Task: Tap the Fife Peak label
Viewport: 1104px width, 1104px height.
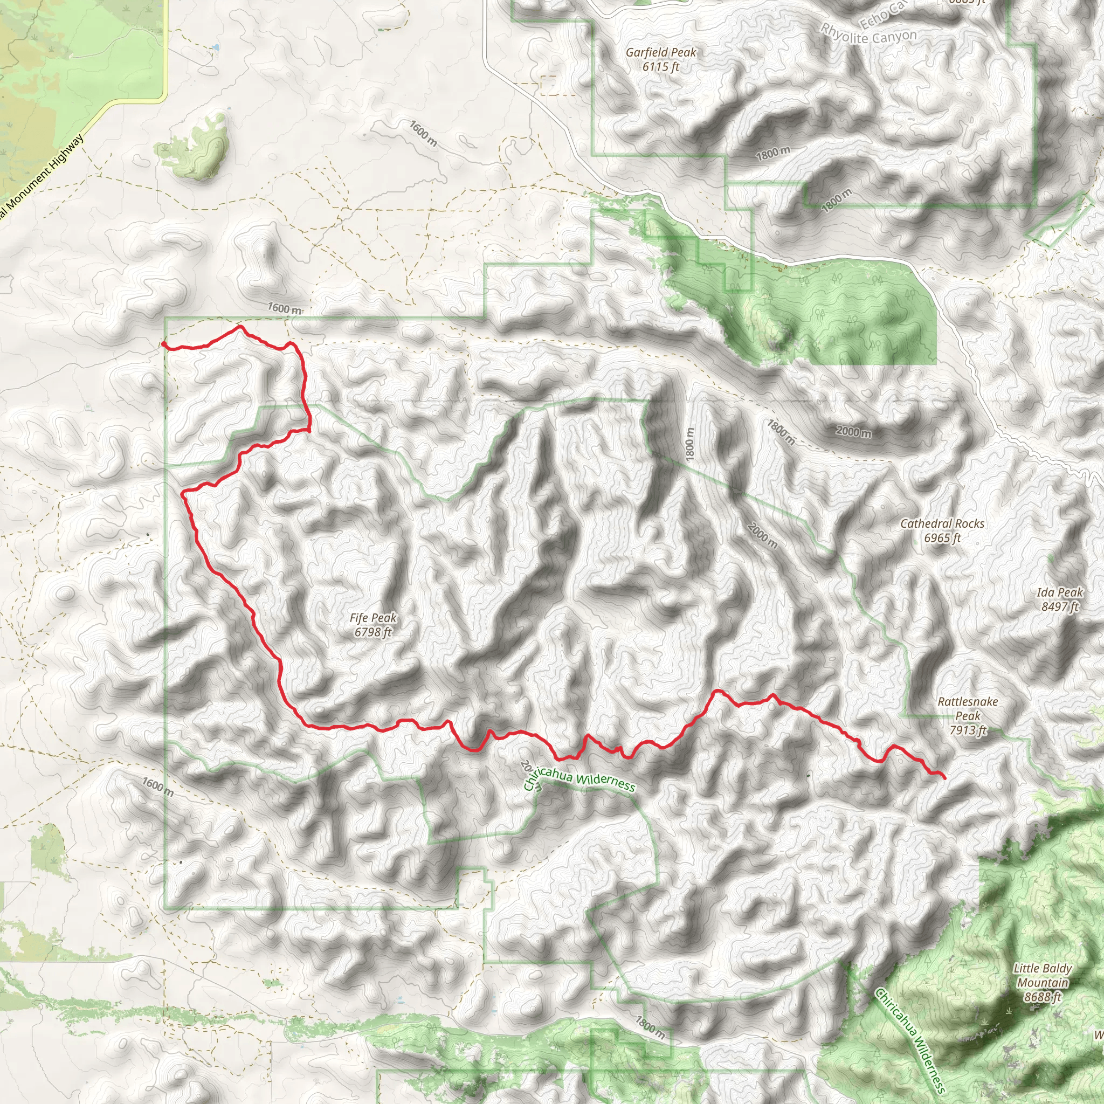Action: pos(372,618)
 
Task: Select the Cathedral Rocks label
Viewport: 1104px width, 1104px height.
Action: pos(942,523)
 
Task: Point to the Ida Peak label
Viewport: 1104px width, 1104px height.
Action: pos(1059,592)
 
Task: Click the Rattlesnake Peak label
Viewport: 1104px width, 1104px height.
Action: pos(968,708)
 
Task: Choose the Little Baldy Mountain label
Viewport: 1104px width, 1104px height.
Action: pos(1043,975)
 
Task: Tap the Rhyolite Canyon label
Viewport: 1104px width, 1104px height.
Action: pos(868,36)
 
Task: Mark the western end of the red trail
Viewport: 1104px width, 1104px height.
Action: pos(163,343)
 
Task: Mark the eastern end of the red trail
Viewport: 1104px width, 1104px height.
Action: pos(943,778)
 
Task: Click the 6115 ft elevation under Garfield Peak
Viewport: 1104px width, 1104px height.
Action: pos(660,67)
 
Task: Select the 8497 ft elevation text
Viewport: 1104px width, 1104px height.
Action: pos(1059,606)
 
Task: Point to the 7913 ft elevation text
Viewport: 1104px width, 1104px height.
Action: pos(968,730)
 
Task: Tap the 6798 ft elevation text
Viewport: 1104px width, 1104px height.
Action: pos(372,632)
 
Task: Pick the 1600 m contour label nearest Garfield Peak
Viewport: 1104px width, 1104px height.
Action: pos(423,133)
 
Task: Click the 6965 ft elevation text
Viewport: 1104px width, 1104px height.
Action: pos(942,537)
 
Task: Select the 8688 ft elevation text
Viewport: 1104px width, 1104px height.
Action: pos(1043,997)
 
